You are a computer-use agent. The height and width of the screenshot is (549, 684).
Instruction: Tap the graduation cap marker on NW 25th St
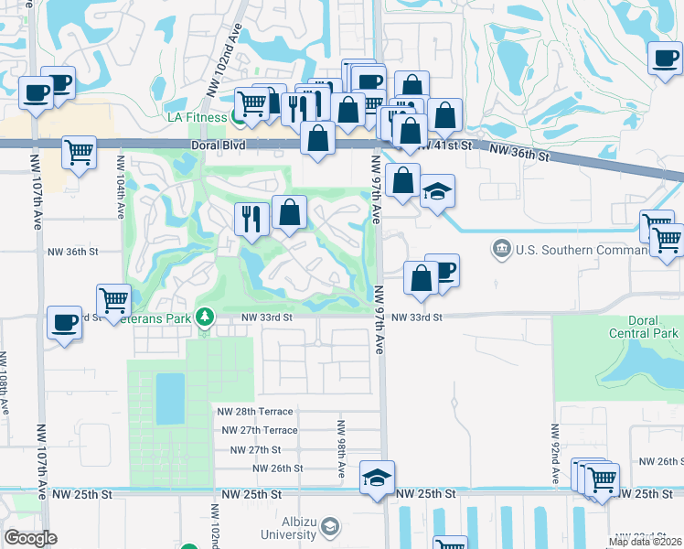377,479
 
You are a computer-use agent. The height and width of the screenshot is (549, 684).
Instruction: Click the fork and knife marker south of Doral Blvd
251,218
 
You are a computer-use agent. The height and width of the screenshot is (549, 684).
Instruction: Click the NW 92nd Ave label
554,454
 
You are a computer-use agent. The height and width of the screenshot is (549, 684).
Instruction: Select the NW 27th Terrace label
257,430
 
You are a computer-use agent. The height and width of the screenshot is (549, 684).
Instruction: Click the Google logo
31,538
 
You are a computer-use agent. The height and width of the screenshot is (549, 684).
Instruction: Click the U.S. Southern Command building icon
501,249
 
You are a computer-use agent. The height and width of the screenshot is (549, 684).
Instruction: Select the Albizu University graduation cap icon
329,527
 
